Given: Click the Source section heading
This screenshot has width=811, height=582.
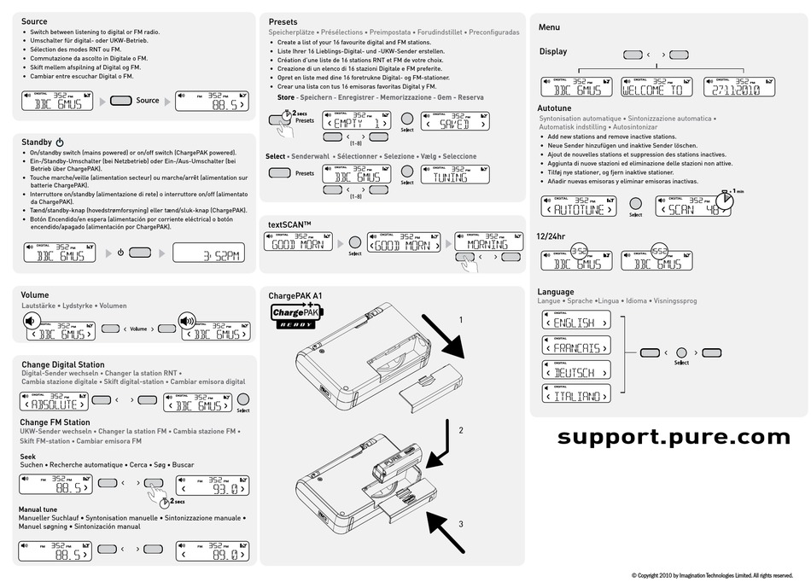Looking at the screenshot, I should pos(34,20).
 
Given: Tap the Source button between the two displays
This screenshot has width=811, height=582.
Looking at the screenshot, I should pos(121,101).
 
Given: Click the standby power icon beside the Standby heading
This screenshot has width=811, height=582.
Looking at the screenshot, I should pos(60,141).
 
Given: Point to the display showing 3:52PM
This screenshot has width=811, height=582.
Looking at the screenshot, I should pos(210,253).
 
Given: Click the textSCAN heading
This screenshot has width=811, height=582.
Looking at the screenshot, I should pos(289,224).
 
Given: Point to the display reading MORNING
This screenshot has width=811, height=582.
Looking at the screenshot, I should pos(488,242).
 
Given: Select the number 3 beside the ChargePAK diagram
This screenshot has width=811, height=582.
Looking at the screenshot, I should pos(461,524).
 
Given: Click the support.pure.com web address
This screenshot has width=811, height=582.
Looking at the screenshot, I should pos(674,436).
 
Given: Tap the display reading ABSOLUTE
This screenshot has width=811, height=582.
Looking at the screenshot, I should pos(53,402).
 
